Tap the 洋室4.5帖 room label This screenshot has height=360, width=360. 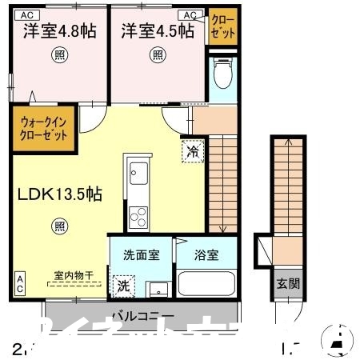158,31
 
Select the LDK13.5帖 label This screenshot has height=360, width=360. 55,194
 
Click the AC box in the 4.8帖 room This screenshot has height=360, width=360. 26,14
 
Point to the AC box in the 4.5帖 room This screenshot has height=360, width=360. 192,14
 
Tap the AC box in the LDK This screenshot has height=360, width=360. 19,282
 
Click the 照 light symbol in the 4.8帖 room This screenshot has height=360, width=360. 59,54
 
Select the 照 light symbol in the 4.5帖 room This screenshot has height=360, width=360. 158,54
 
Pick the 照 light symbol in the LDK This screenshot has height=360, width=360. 61,226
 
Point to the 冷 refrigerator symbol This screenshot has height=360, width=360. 192,150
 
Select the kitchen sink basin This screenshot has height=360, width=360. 138,171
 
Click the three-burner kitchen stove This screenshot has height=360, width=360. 138,214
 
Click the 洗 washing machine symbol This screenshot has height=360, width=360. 124,284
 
